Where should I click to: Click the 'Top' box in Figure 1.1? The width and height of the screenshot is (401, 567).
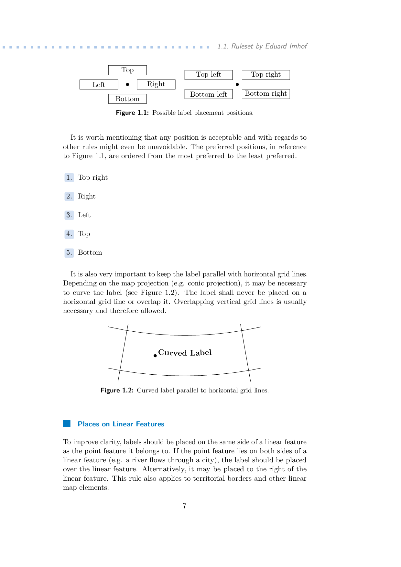tap(127, 70)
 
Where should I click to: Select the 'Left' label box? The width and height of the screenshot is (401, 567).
tap(99, 85)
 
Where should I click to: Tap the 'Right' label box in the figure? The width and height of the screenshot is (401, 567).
tap(156, 84)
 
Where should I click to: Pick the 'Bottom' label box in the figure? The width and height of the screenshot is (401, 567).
tap(127, 99)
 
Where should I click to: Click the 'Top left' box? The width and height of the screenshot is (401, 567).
tap(209, 75)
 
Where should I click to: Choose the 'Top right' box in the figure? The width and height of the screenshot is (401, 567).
tap(266, 75)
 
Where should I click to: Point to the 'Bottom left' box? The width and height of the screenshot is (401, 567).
tap(209, 94)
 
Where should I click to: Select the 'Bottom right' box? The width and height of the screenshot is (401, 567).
tap(266, 94)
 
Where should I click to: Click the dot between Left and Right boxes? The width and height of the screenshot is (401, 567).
tap(127, 84)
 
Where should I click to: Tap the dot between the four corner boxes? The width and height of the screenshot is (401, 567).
tap(237, 84)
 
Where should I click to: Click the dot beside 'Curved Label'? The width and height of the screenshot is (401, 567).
tap(155, 356)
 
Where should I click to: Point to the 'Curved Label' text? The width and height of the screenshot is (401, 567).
tap(185, 353)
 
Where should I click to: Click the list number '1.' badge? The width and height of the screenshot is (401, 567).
tap(69, 178)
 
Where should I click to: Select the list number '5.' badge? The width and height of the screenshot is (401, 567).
tap(69, 253)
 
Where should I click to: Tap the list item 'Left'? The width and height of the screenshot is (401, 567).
tap(84, 215)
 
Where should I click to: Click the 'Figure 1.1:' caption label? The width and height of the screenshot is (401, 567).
tap(132, 113)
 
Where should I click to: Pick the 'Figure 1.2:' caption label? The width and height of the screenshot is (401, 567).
tap(117, 390)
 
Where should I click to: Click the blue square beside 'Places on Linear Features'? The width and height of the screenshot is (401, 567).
tap(67, 423)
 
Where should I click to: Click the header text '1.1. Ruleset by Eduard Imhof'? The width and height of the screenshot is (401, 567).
tap(262, 46)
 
